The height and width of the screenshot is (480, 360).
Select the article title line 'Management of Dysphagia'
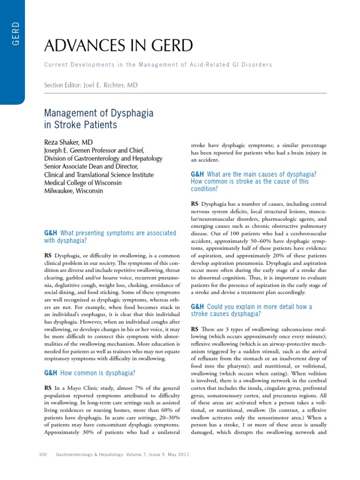[x=98, y=113]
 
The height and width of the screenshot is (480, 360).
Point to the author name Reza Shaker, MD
[x=68, y=142]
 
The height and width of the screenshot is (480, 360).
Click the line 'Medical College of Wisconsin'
[x=82, y=183]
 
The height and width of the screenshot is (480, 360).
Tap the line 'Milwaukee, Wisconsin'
[x=73, y=191]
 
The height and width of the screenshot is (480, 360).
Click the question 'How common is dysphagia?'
[x=98, y=373]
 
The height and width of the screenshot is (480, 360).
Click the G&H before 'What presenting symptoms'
[x=50, y=233]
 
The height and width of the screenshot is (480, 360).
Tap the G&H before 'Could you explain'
[x=197, y=307]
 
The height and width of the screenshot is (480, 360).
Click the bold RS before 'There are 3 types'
[x=195, y=329]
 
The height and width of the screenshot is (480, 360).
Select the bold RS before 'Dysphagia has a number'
[x=195, y=203]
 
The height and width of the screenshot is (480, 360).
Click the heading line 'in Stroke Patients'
[x=80, y=125]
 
